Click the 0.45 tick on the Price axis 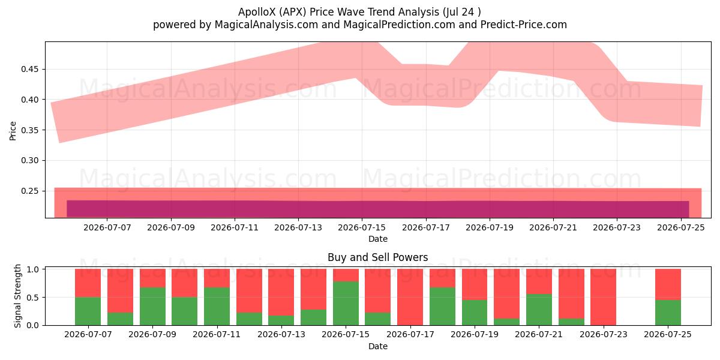point(29,70)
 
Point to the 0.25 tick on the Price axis point(29,191)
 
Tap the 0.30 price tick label point(29,161)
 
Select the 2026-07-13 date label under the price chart point(298,228)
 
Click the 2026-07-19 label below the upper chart point(490,228)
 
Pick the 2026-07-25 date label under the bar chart point(668,335)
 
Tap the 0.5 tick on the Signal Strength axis point(32,298)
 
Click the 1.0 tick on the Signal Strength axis point(32,269)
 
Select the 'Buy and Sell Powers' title point(377,257)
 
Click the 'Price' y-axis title point(13,131)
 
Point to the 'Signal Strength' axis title point(17,296)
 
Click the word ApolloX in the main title point(257,12)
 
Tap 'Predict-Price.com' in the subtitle point(524,25)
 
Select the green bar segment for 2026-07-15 point(346,304)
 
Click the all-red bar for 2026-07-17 point(410,298)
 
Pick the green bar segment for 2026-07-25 point(668,313)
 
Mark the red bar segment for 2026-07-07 point(88,283)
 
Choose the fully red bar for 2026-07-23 point(604,298)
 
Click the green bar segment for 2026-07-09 point(152,307)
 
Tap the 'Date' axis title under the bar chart point(377,347)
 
